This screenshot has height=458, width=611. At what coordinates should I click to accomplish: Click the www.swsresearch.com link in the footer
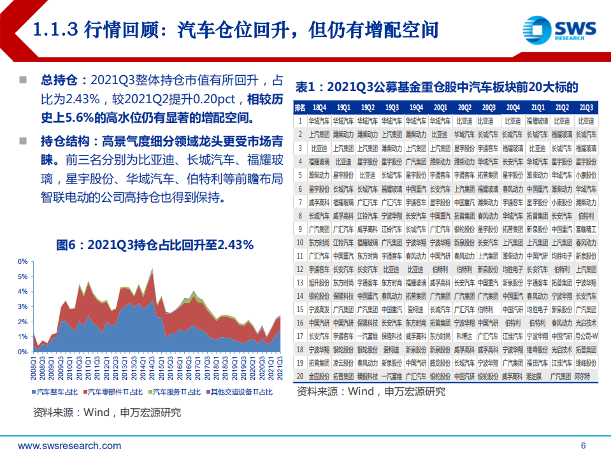[x=69, y=445]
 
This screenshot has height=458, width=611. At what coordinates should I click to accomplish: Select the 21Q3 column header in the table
[x=586, y=108]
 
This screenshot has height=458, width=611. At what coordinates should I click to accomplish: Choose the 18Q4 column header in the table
[x=319, y=108]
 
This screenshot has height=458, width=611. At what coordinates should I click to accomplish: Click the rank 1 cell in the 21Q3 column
[x=586, y=120]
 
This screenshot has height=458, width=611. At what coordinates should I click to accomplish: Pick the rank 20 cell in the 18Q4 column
[x=319, y=376]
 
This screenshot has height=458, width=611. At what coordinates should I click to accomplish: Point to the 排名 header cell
[x=300, y=108]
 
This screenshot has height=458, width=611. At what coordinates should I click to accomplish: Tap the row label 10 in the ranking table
[x=300, y=242]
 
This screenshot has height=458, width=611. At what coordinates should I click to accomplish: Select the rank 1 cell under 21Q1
[x=538, y=120]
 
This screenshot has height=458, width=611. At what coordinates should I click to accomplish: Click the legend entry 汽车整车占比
[x=58, y=392]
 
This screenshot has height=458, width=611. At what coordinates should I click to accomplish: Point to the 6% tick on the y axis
[x=22, y=262]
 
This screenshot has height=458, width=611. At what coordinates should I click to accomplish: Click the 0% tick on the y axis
[x=22, y=352]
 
